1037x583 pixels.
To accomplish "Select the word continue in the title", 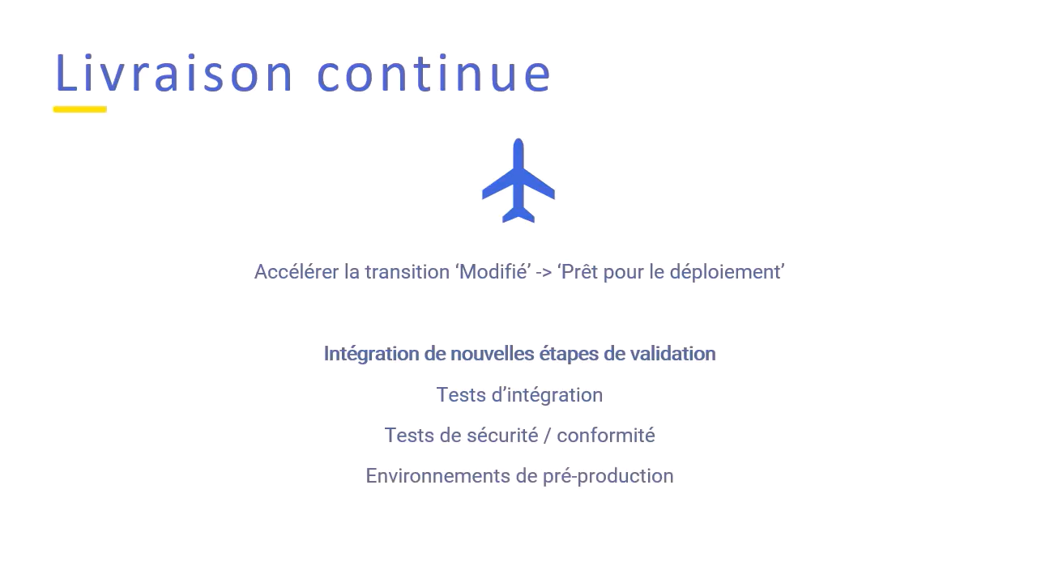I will pos(434,73).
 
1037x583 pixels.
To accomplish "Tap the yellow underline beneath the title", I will pos(80,109).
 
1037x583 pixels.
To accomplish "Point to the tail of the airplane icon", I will pos(518,214).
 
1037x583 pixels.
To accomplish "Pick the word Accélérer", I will pos(297,272).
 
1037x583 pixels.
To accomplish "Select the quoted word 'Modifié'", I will pos(493,272).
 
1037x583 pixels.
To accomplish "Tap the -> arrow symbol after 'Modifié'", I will pos(544,273).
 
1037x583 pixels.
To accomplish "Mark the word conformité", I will pos(605,436).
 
